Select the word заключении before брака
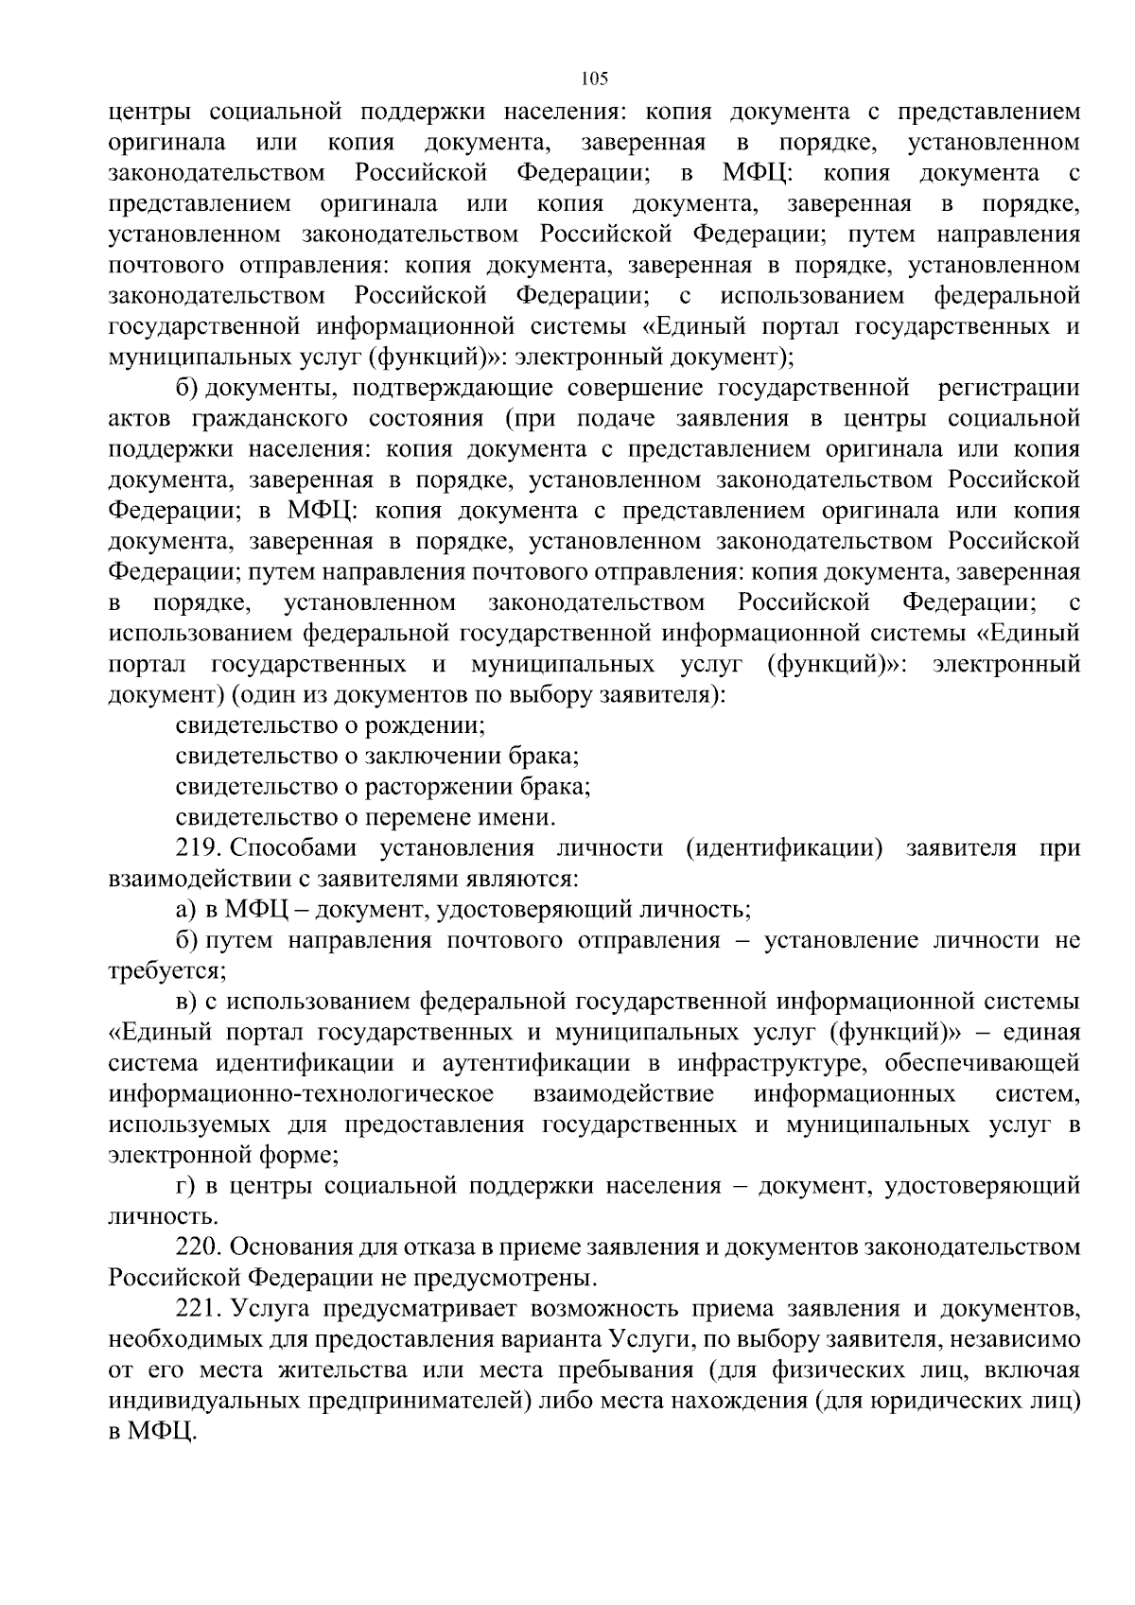click(430, 756)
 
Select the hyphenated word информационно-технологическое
click(301, 1094)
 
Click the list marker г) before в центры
click(184, 1186)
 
